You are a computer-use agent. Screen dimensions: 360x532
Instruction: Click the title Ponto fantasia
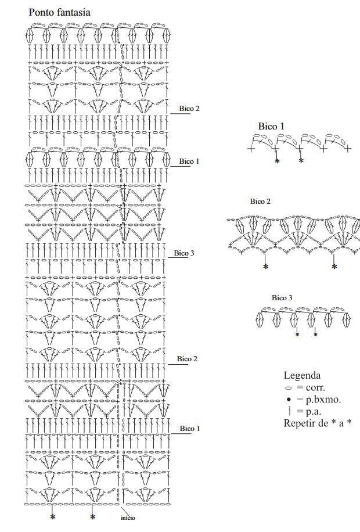tap(59, 13)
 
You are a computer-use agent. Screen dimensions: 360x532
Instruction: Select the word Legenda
tap(302, 375)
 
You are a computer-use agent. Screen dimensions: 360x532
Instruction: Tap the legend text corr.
tap(315, 387)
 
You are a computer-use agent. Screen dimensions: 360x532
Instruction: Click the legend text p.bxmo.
tap(323, 400)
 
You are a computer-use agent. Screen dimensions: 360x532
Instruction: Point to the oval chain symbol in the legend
tap(289, 388)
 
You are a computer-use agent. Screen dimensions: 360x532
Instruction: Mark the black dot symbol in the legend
tap(289, 400)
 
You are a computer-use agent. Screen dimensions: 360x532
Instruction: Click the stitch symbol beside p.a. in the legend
tap(289, 411)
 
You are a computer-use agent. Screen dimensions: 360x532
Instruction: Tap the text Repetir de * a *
tap(317, 423)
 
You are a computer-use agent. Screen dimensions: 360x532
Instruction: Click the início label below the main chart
tap(128, 517)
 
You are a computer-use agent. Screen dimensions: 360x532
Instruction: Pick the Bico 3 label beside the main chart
tap(184, 253)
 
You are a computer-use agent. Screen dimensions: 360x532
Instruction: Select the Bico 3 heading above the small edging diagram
tap(282, 297)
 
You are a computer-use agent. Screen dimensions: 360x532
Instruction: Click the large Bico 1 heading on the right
tap(271, 126)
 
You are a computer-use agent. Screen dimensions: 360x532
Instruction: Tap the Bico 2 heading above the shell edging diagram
tap(260, 201)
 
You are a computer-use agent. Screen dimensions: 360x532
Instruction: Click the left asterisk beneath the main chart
tap(53, 517)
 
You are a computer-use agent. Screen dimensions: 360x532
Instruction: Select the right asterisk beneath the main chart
tap(93, 517)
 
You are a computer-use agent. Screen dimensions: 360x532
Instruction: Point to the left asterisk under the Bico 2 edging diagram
tap(266, 267)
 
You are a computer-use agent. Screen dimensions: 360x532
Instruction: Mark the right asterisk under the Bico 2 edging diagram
tap(334, 267)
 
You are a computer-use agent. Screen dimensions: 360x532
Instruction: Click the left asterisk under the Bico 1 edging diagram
tap(277, 161)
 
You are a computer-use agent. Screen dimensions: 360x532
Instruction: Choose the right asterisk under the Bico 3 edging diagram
tap(315, 335)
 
